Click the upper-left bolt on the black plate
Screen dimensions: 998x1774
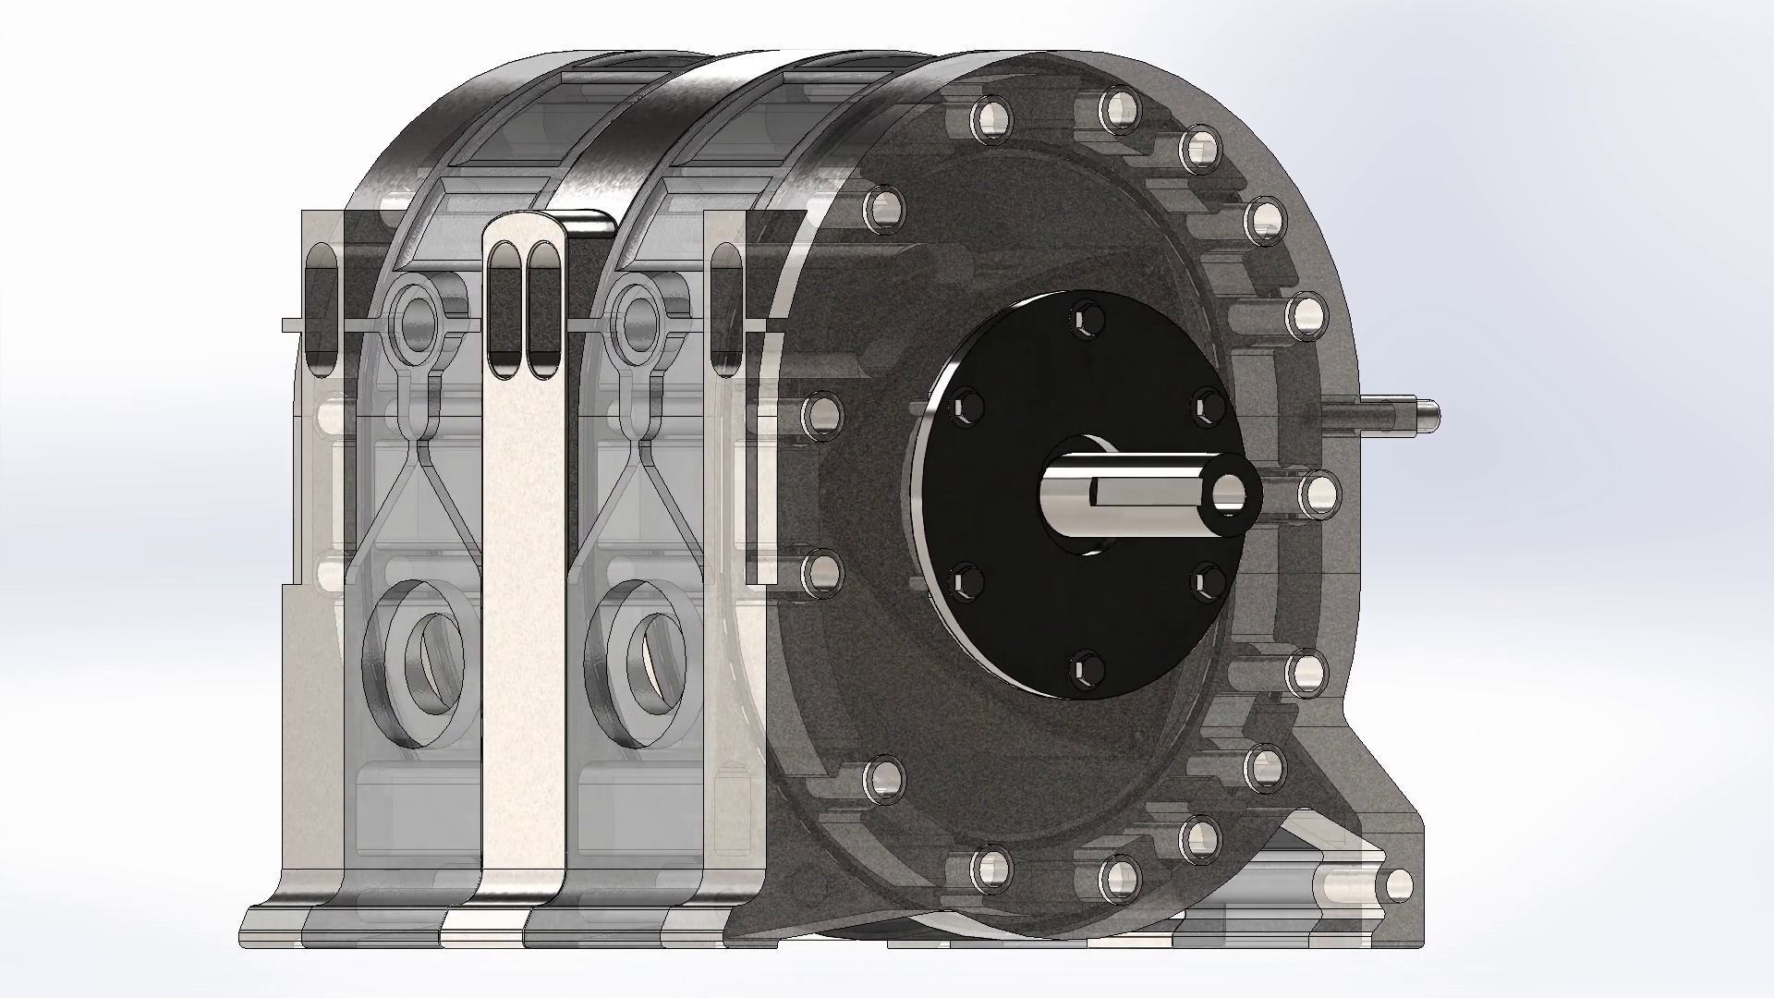tap(966, 404)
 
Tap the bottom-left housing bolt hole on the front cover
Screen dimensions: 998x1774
tap(989, 867)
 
